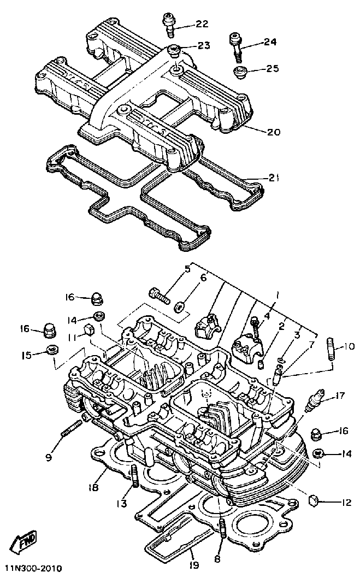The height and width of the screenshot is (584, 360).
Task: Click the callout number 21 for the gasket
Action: coord(275,177)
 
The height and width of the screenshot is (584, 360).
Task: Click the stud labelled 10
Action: coord(332,350)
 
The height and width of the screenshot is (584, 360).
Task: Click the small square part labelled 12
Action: coord(314,500)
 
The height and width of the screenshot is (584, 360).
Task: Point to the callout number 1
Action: coord(278,295)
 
